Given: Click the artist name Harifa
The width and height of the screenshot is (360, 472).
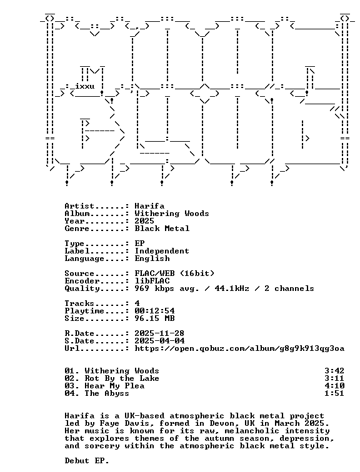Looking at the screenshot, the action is (x=149, y=206).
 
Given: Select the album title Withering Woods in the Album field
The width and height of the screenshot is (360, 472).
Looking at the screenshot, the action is (x=172, y=214).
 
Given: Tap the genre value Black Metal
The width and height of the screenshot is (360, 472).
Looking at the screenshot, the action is (x=162, y=229).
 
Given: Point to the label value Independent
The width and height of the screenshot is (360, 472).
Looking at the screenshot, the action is (x=162, y=252).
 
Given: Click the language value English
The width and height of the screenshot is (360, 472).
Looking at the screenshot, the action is (x=152, y=259).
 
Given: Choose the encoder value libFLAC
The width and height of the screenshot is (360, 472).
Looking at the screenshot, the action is (x=152, y=281).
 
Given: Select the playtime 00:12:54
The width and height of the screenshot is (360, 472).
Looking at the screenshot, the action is (x=154, y=311).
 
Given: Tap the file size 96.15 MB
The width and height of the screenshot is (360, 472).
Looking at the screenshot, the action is (x=154, y=318).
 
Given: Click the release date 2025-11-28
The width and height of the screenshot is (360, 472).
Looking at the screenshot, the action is (x=159, y=333).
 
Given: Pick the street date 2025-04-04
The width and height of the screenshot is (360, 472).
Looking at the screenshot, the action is (x=159, y=341).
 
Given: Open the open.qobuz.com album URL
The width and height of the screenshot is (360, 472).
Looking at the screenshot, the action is (x=239, y=348).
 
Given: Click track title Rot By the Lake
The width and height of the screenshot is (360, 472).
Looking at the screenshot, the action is (x=122, y=378).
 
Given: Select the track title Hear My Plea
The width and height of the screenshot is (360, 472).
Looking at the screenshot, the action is (x=114, y=386).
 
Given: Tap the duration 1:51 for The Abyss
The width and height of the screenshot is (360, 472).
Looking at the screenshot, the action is (x=334, y=393).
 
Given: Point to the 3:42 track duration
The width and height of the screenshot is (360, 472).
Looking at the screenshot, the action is (x=334, y=371).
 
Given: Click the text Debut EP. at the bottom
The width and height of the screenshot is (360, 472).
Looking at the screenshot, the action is (x=87, y=461).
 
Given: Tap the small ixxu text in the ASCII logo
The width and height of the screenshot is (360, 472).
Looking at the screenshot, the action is (x=84, y=86).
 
